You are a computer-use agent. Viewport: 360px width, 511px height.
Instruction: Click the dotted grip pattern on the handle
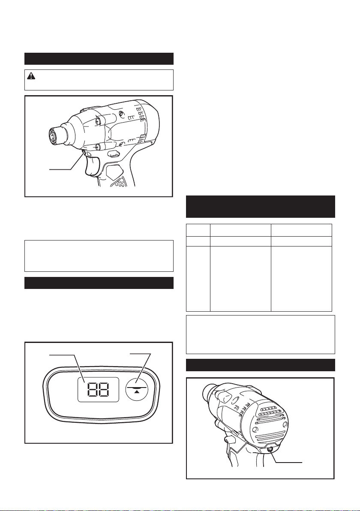(x=119, y=183)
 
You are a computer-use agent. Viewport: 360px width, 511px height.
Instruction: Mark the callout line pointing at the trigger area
(x=67, y=162)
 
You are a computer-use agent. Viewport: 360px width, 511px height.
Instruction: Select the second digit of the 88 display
(x=103, y=389)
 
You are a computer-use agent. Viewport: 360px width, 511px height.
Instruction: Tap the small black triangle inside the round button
(x=137, y=391)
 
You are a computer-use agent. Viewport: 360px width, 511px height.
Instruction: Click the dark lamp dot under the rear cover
(x=270, y=449)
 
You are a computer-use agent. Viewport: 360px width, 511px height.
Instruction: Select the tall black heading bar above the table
(x=260, y=207)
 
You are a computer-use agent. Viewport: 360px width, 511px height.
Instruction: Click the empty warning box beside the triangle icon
(x=99, y=80)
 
